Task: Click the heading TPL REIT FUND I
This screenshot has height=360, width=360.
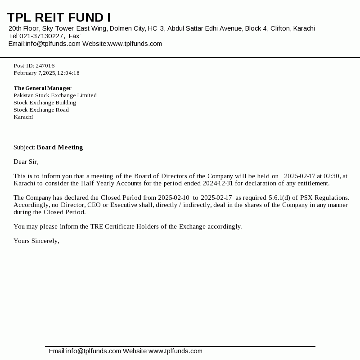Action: (59, 18)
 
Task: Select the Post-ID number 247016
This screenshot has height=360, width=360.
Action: (45, 66)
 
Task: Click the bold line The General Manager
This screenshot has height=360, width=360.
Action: (43, 88)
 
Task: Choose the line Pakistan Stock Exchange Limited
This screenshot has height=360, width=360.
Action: (55, 95)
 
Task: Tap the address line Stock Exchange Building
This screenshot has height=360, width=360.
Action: (45, 103)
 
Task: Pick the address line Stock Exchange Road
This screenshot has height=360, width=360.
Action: (41, 110)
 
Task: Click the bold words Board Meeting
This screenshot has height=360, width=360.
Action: (60, 147)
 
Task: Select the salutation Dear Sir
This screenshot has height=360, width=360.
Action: (26, 162)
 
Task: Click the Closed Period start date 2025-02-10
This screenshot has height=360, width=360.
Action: (174, 198)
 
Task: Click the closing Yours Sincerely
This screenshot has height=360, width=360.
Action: (36, 241)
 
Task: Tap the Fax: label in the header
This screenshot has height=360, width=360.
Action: (75, 36)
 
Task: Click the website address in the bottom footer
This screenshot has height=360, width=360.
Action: (175, 351)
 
